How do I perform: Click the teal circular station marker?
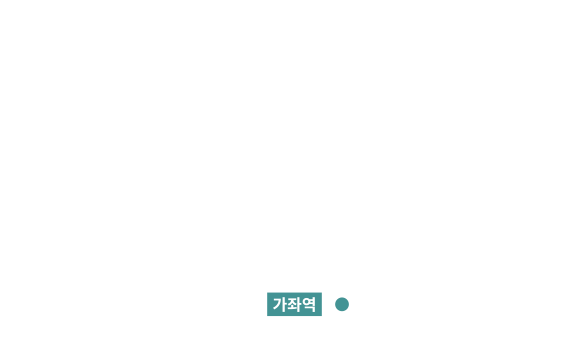pos(342,304)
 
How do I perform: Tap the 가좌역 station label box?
pos(294,304)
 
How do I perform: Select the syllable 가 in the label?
pos(279,304)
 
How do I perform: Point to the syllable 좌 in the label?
pos(294,304)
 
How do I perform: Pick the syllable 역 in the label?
pos(309,304)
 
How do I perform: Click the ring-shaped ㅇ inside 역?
pos(306,302)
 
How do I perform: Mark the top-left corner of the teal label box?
pos(267,293)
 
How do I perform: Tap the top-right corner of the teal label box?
pos(322,293)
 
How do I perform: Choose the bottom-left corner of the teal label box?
pos(267,316)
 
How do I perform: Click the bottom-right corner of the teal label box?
pos(322,316)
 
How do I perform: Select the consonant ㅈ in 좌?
pos(292,301)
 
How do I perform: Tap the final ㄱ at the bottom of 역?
pos(310,310)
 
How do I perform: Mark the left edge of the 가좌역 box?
pos(267,304)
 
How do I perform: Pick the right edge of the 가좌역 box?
pos(322,304)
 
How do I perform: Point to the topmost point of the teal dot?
pos(342,297)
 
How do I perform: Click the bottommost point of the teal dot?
pos(342,311)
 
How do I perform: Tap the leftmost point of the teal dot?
pos(335,304)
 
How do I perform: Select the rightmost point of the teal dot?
pos(349,304)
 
